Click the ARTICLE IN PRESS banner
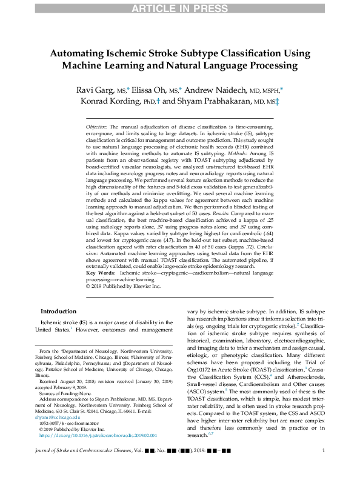point(180,7)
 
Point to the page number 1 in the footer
point(324,467)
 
